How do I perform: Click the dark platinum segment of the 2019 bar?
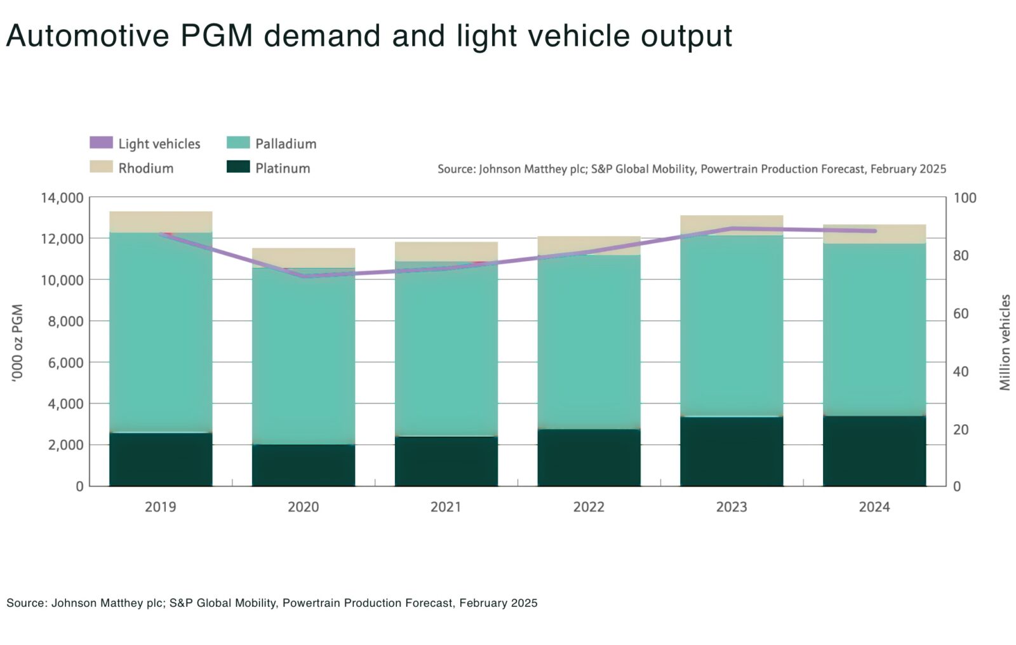point(161,460)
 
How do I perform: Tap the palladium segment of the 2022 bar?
point(589,342)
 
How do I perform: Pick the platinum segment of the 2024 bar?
point(874,451)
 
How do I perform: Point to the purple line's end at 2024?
point(875,231)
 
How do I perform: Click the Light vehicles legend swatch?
point(101,143)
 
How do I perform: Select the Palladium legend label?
point(286,143)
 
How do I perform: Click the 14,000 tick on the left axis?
point(62,198)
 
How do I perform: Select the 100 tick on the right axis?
point(965,198)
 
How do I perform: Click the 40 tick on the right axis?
point(961,371)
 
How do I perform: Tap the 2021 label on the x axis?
point(446,507)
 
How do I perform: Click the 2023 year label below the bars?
point(732,507)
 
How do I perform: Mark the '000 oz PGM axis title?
point(17,342)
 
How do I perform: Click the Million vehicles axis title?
point(1005,342)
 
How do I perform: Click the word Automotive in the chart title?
point(88,36)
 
